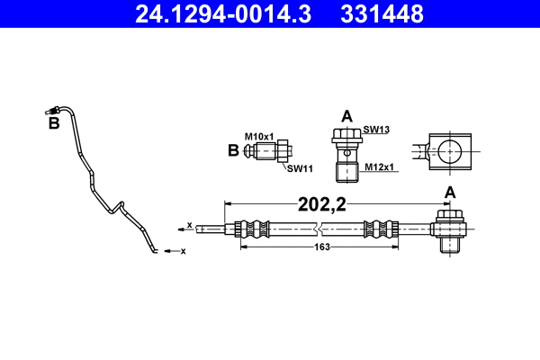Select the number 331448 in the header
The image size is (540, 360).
click(381, 13)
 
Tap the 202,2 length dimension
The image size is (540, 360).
click(321, 204)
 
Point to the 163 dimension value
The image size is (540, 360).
click(321, 247)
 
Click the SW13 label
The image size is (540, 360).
click(375, 130)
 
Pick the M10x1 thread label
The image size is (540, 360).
click(261, 135)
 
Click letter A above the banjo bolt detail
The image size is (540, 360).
click(346, 115)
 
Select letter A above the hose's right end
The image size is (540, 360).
click(450, 192)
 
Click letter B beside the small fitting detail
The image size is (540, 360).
click(234, 150)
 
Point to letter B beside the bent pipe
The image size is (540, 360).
click(54, 123)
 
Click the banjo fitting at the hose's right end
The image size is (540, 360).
click(448, 229)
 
